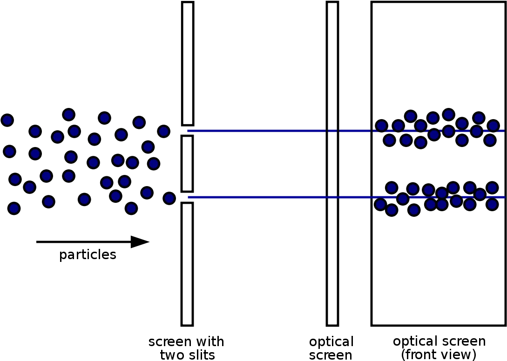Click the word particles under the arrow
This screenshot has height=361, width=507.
(x=88, y=255)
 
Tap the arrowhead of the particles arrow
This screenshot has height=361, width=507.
(x=140, y=242)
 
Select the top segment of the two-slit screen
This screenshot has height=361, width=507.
(x=188, y=63)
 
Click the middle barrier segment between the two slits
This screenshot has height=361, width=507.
(x=187, y=164)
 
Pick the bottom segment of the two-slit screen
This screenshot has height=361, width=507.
(x=187, y=264)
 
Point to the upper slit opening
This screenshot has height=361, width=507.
(x=188, y=131)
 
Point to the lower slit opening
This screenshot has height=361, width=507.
(x=188, y=197)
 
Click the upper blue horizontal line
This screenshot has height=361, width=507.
(x=346, y=131)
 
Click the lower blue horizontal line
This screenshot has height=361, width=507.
(x=346, y=197)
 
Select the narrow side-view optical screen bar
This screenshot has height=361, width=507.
(x=332, y=164)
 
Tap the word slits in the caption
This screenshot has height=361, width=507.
(x=202, y=355)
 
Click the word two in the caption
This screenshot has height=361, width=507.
(x=172, y=355)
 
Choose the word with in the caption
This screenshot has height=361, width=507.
(x=210, y=341)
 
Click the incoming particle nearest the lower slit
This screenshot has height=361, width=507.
(x=169, y=198)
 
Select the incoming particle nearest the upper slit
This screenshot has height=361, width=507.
(x=163, y=131)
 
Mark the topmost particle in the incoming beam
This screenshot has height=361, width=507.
(x=68, y=114)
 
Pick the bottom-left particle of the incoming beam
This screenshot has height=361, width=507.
(x=14, y=208)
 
